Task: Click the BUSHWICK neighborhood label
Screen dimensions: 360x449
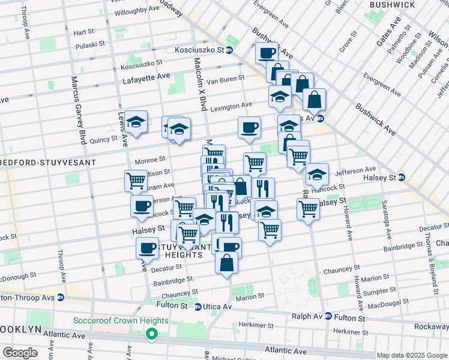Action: [x=392, y=5]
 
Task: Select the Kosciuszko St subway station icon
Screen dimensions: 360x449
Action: [x=229, y=50]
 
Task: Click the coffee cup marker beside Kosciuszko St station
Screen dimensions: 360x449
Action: [x=267, y=53]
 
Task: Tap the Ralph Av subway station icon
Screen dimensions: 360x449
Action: [x=328, y=316]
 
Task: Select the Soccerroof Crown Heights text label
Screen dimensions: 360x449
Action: [x=120, y=320]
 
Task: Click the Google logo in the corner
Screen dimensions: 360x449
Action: [x=20, y=353]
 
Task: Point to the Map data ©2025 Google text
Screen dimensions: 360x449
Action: [x=412, y=355]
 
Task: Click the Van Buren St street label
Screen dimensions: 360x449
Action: [x=225, y=79]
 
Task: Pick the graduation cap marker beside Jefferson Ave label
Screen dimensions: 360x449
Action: [x=317, y=175]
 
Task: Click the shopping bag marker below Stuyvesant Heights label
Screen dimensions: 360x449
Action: [x=226, y=263]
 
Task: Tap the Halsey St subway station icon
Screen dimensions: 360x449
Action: [x=402, y=177]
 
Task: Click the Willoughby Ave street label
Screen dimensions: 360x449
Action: [x=136, y=11]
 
